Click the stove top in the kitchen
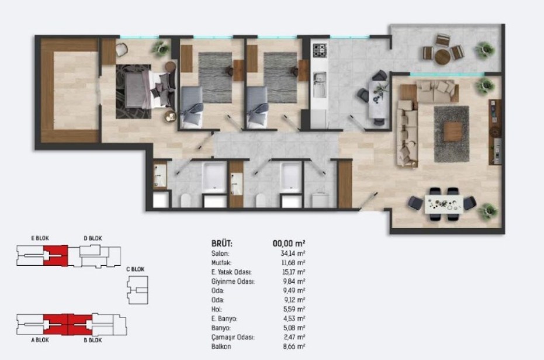(x=320, y=51)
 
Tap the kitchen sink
(x=320, y=85)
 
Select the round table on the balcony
(x=442, y=57)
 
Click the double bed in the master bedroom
(x=145, y=89)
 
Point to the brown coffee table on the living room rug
(x=453, y=132)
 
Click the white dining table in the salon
(x=443, y=205)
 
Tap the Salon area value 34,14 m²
(x=293, y=254)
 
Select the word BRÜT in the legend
(x=221, y=243)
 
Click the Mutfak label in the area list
(x=221, y=263)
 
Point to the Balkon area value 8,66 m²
(x=294, y=346)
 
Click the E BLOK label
(x=40, y=238)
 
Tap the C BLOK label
(x=136, y=269)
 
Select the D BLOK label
(x=93, y=238)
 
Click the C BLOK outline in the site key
(x=138, y=290)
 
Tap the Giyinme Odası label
(x=233, y=282)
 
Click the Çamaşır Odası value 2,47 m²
(x=293, y=337)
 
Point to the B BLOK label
(x=93, y=340)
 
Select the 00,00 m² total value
(x=289, y=243)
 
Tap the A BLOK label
(x=40, y=340)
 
